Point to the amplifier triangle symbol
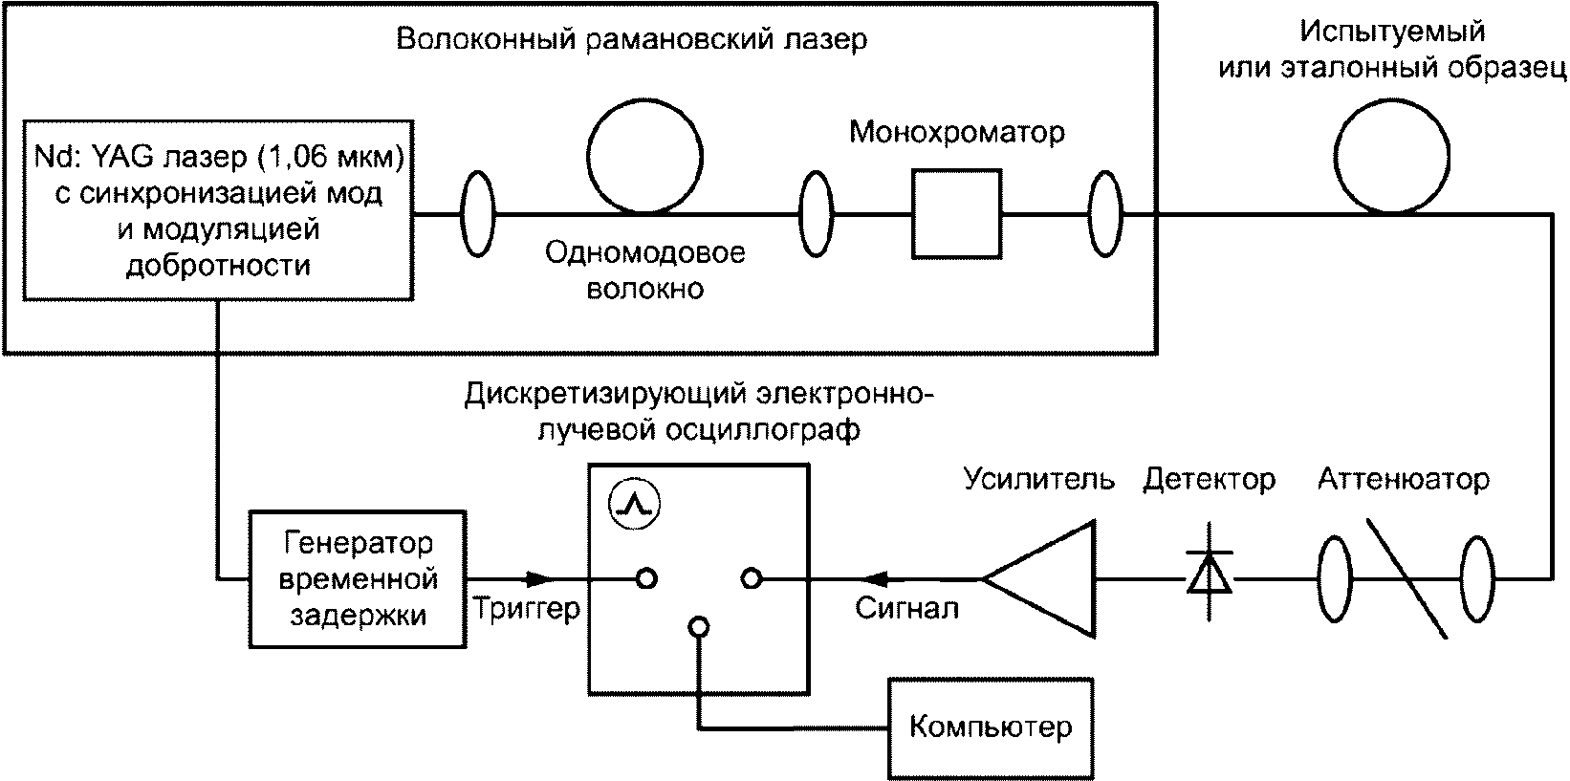tap(1038, 579)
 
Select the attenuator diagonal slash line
tap(1406, 578)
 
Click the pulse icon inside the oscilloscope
tap(634, 505)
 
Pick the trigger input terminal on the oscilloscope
tap(646, 579)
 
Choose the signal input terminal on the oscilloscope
tap(752, 579)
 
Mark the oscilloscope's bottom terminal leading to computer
tap(699, 626)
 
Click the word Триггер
tap(527, 609)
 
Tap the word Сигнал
tap(906, 608)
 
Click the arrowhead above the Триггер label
tap(539, 579)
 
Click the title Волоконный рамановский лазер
tap(631, 38)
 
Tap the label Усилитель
tap(1038, 479)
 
